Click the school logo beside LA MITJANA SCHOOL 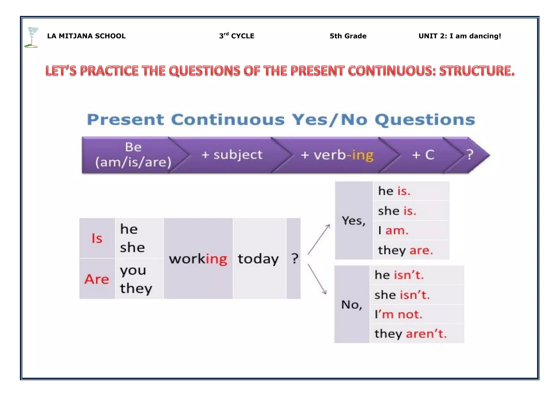pos(32,37)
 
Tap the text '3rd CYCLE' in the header pos(237,36)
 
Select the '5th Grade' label pos(348,36)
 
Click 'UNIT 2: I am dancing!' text pos(460,36)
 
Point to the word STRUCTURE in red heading pos(477,71)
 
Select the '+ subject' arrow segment pos(232,155)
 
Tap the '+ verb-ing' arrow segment pos(337,155)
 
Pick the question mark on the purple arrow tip pos(470,155)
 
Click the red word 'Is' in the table pos(97,238)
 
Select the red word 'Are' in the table pos(97,279)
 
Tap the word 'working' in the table pos(198,259)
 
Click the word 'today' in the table pos(258,259)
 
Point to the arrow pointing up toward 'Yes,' pos(319,239)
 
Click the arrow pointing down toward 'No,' pos(317,279)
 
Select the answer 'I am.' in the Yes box pos(393,231)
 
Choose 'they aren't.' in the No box pos(410,334)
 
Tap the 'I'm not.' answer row pos(398,315)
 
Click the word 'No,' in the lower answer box pos(352,305)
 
